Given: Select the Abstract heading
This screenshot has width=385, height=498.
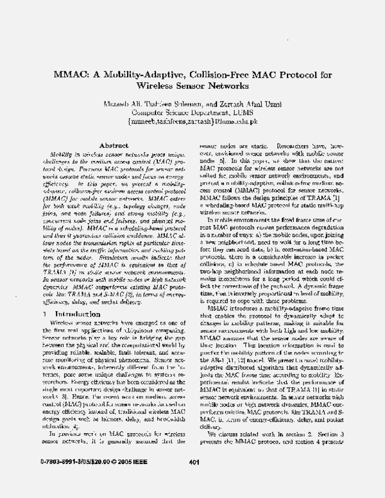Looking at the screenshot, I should (116, 146).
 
